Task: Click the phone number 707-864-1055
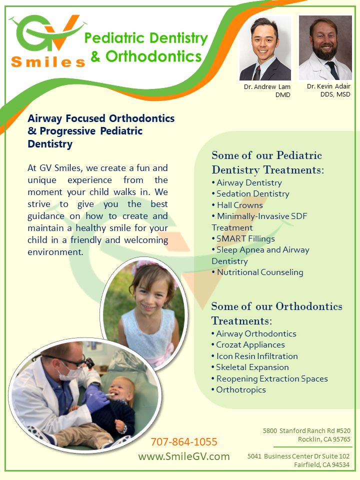click(184, 441)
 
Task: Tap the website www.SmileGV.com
click(184, 456)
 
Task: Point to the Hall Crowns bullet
click(237, 205)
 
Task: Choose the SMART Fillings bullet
click(243, 238)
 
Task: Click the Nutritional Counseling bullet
click(257, 272)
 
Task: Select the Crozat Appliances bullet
click(248, 344)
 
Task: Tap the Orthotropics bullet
click(238, 389)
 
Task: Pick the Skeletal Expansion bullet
click(250, 367)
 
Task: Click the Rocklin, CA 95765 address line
click(324, 439)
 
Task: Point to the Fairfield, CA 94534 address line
click(321, 464)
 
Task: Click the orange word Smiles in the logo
click(48, 62)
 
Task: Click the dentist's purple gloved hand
click(96, 398)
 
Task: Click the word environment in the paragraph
click(55, 252)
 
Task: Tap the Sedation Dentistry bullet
click(250, 194)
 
